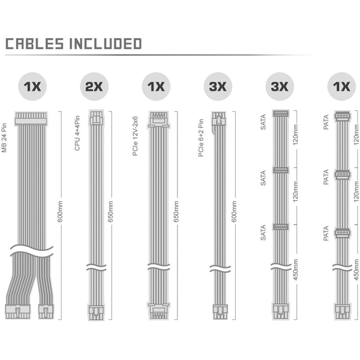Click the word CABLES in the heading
coord(34,44)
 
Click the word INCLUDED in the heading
coord(105,44)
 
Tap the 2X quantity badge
coord(94,86)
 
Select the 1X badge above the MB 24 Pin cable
coord(32,86)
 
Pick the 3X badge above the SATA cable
coord(280,86)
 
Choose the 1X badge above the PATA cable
coord(341,86)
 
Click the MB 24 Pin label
coord(4,138)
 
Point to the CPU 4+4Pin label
coord(77,133)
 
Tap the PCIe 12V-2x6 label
coord(135,136)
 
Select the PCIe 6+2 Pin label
coord(201,138)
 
